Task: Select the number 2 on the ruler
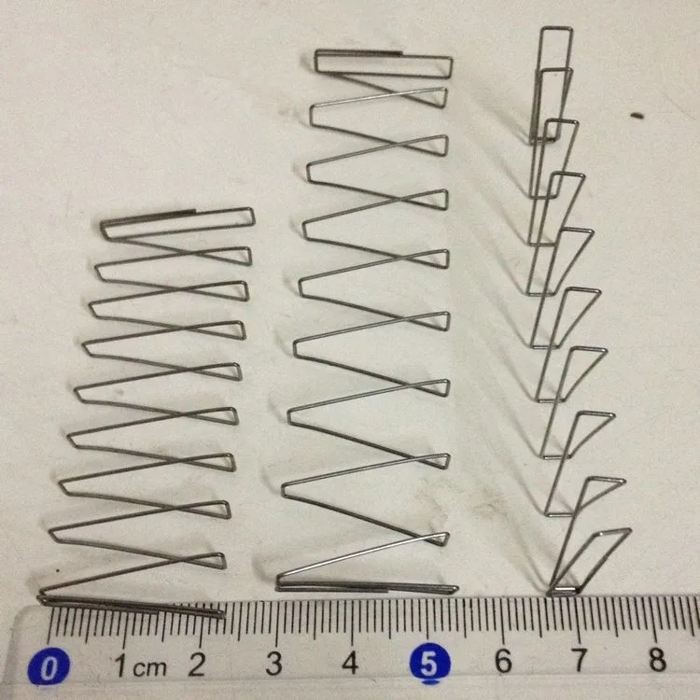click(x=197, y=665)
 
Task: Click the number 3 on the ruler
click(x=273, y=664)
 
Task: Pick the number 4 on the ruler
click(x=351, y=664)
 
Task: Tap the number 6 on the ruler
click(x=503, y=662)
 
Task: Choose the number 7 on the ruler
click(x=580, y=661)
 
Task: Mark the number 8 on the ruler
click(x=657, y=660)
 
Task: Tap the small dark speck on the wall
click(x=637, y=117)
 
